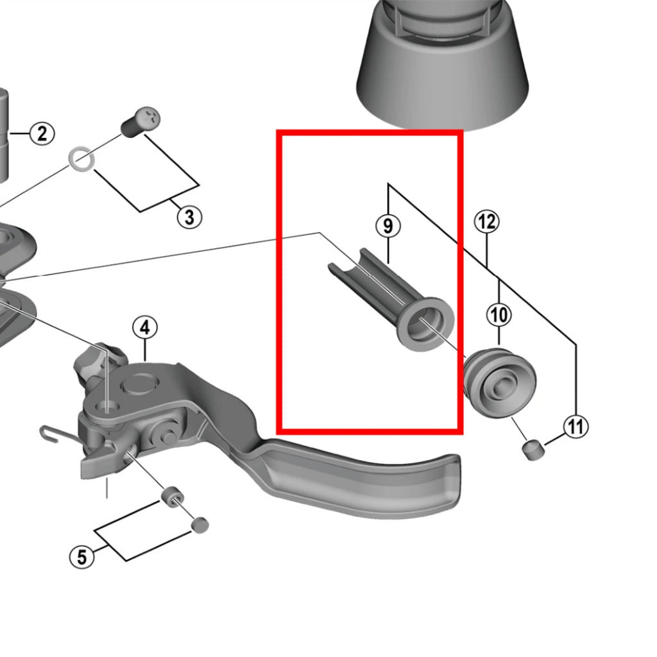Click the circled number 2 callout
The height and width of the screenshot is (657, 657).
[42, 134]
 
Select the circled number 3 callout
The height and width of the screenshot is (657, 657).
[189, 217]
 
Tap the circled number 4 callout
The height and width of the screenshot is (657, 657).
[145, 328]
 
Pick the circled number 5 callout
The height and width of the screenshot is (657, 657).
[81, 557]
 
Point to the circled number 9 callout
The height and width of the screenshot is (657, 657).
[388, 226]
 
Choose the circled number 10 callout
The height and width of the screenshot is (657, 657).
[499, 314]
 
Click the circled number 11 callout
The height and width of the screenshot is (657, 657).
[576, 426]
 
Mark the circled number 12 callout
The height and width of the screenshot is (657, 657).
[486, 222]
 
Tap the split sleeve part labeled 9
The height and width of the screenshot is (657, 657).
[379, 295]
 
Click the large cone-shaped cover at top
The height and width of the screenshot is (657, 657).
[443, 71]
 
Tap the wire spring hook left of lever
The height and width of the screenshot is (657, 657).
[55, 434]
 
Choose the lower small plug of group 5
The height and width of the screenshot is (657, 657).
[200, 525]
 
